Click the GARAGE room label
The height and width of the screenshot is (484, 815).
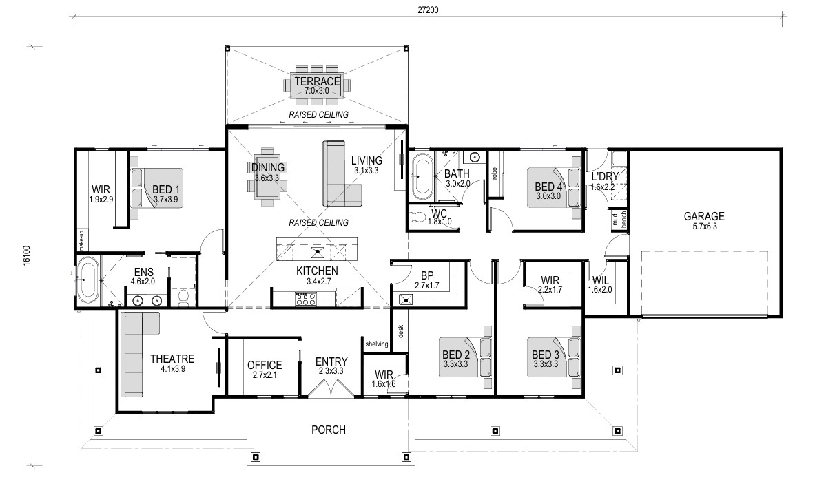click(704, 216)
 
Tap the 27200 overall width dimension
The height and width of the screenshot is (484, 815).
click(428, 10)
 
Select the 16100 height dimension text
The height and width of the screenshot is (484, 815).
click(28, 256)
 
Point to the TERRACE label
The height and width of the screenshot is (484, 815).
click(317, 81)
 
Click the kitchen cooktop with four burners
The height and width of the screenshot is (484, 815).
click(306, 299)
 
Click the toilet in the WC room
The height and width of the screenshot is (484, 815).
click(417, 215)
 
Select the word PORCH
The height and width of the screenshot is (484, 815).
click(329, 430)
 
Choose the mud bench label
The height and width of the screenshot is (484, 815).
click(619, 220)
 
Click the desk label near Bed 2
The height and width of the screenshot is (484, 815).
click(401, 331)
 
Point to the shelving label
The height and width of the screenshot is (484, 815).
click(377, 344)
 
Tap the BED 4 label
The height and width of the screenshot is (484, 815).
click(548, 187)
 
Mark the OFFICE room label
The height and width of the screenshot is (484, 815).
click(265, 365)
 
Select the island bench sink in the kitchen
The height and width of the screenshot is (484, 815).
click(317, 253)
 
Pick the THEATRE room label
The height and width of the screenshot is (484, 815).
click(172, 358)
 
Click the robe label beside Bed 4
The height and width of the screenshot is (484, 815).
click(494, 173)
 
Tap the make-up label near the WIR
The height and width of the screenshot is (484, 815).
click(81, 240)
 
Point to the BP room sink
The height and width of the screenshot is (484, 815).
click(405, 299)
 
